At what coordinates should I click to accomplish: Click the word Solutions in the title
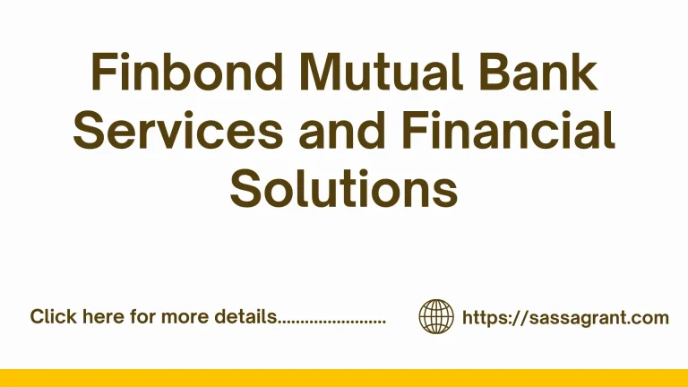(x=344, y=189)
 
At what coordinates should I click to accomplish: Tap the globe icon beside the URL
(x=436, y=316)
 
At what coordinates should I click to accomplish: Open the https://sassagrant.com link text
(x=565, y=317)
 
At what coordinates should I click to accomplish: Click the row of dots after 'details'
(x=331, y=321)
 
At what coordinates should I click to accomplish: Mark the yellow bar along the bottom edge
(x=344, y=377)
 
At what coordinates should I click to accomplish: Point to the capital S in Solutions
(x=246, y=189)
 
